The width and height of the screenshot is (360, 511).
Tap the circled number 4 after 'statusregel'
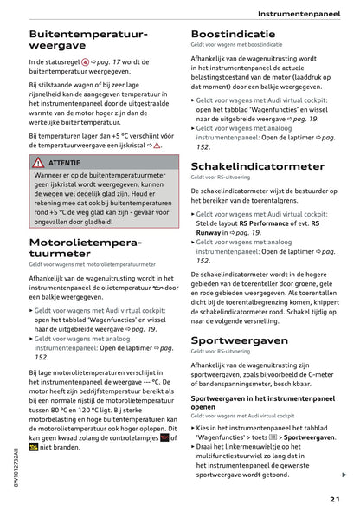(x=85, y=63)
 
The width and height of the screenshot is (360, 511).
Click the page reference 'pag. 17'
(x=112, y=63)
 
